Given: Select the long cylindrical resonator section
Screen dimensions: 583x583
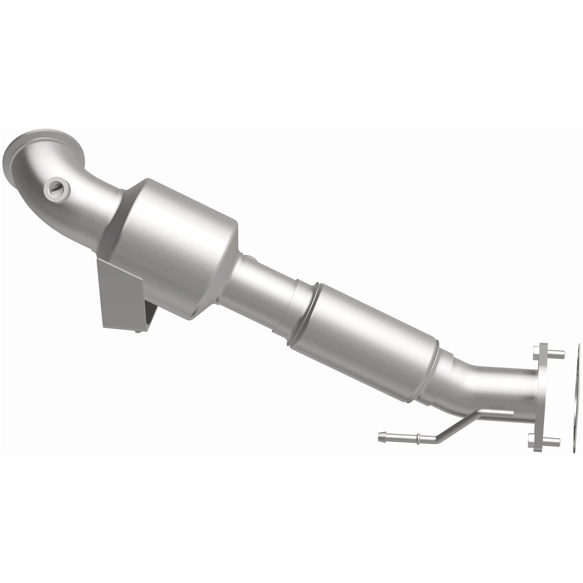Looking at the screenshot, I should (x=370, y=336).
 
